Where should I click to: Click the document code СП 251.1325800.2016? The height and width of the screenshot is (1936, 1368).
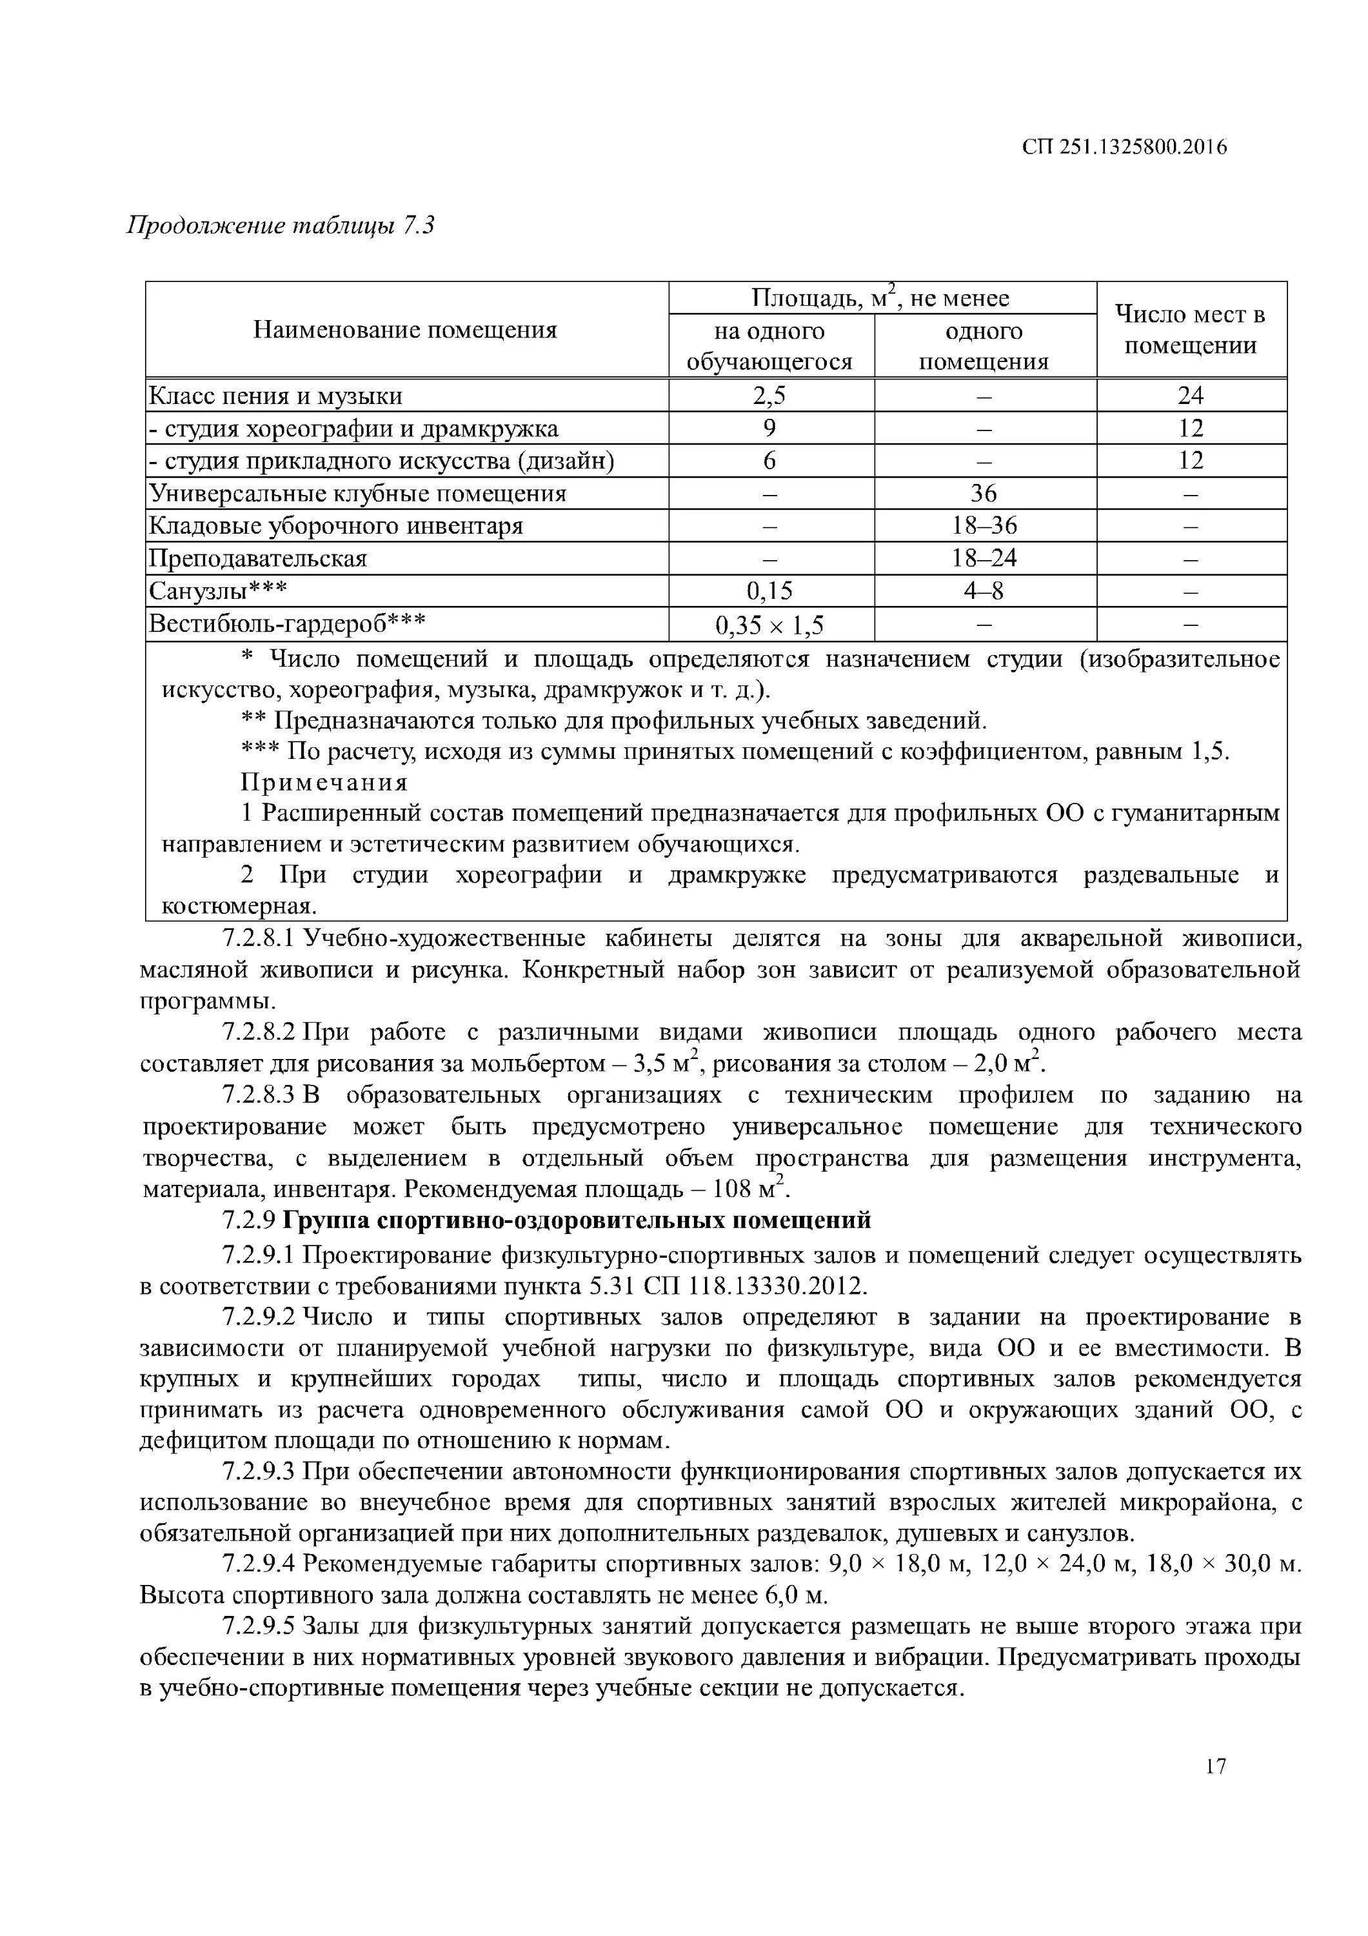tap(1124, 148)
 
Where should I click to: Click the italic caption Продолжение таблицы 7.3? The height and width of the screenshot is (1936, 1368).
tap(280, 226)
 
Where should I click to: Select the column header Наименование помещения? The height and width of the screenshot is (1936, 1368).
tap(406, 330)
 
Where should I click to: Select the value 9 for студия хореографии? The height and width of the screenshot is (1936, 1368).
tap(769, 429)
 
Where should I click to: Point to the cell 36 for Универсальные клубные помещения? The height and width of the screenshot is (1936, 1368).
tap(984, 493)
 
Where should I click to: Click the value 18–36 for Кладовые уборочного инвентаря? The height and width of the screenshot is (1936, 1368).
tap(984, 526)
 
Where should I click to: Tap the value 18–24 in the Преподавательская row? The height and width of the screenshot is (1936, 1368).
tap(984, 558)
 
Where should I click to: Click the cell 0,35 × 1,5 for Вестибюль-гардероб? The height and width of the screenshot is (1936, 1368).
tap(769, 625)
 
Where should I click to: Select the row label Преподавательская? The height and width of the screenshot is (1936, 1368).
tap(258, 558)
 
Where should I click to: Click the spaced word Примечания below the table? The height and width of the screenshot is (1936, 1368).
tap(324, 783)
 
